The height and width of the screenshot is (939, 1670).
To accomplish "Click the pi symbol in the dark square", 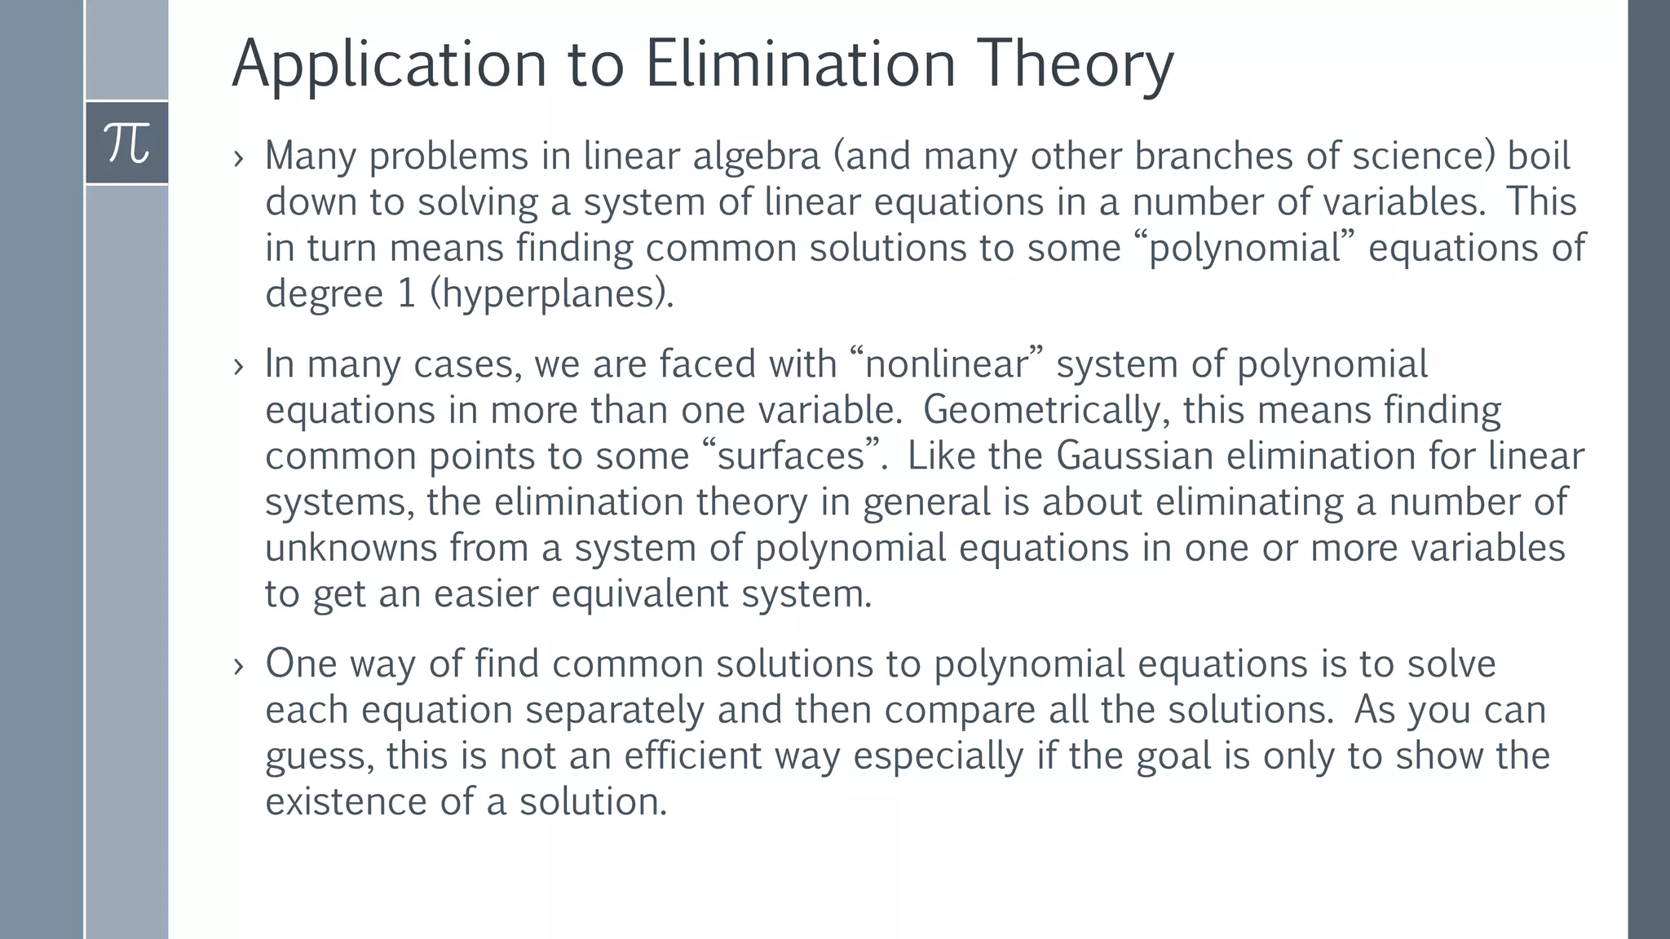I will [127, 143].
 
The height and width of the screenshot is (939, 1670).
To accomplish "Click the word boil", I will [1538, 156].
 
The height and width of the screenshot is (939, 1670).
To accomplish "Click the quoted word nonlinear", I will [946, 364].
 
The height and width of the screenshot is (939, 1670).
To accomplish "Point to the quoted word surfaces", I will [790, 456].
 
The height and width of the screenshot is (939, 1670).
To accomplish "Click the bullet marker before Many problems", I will [238, 157].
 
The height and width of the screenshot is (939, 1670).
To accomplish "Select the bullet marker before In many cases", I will [238, 366].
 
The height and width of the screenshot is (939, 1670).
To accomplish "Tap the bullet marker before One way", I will [238, 665].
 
